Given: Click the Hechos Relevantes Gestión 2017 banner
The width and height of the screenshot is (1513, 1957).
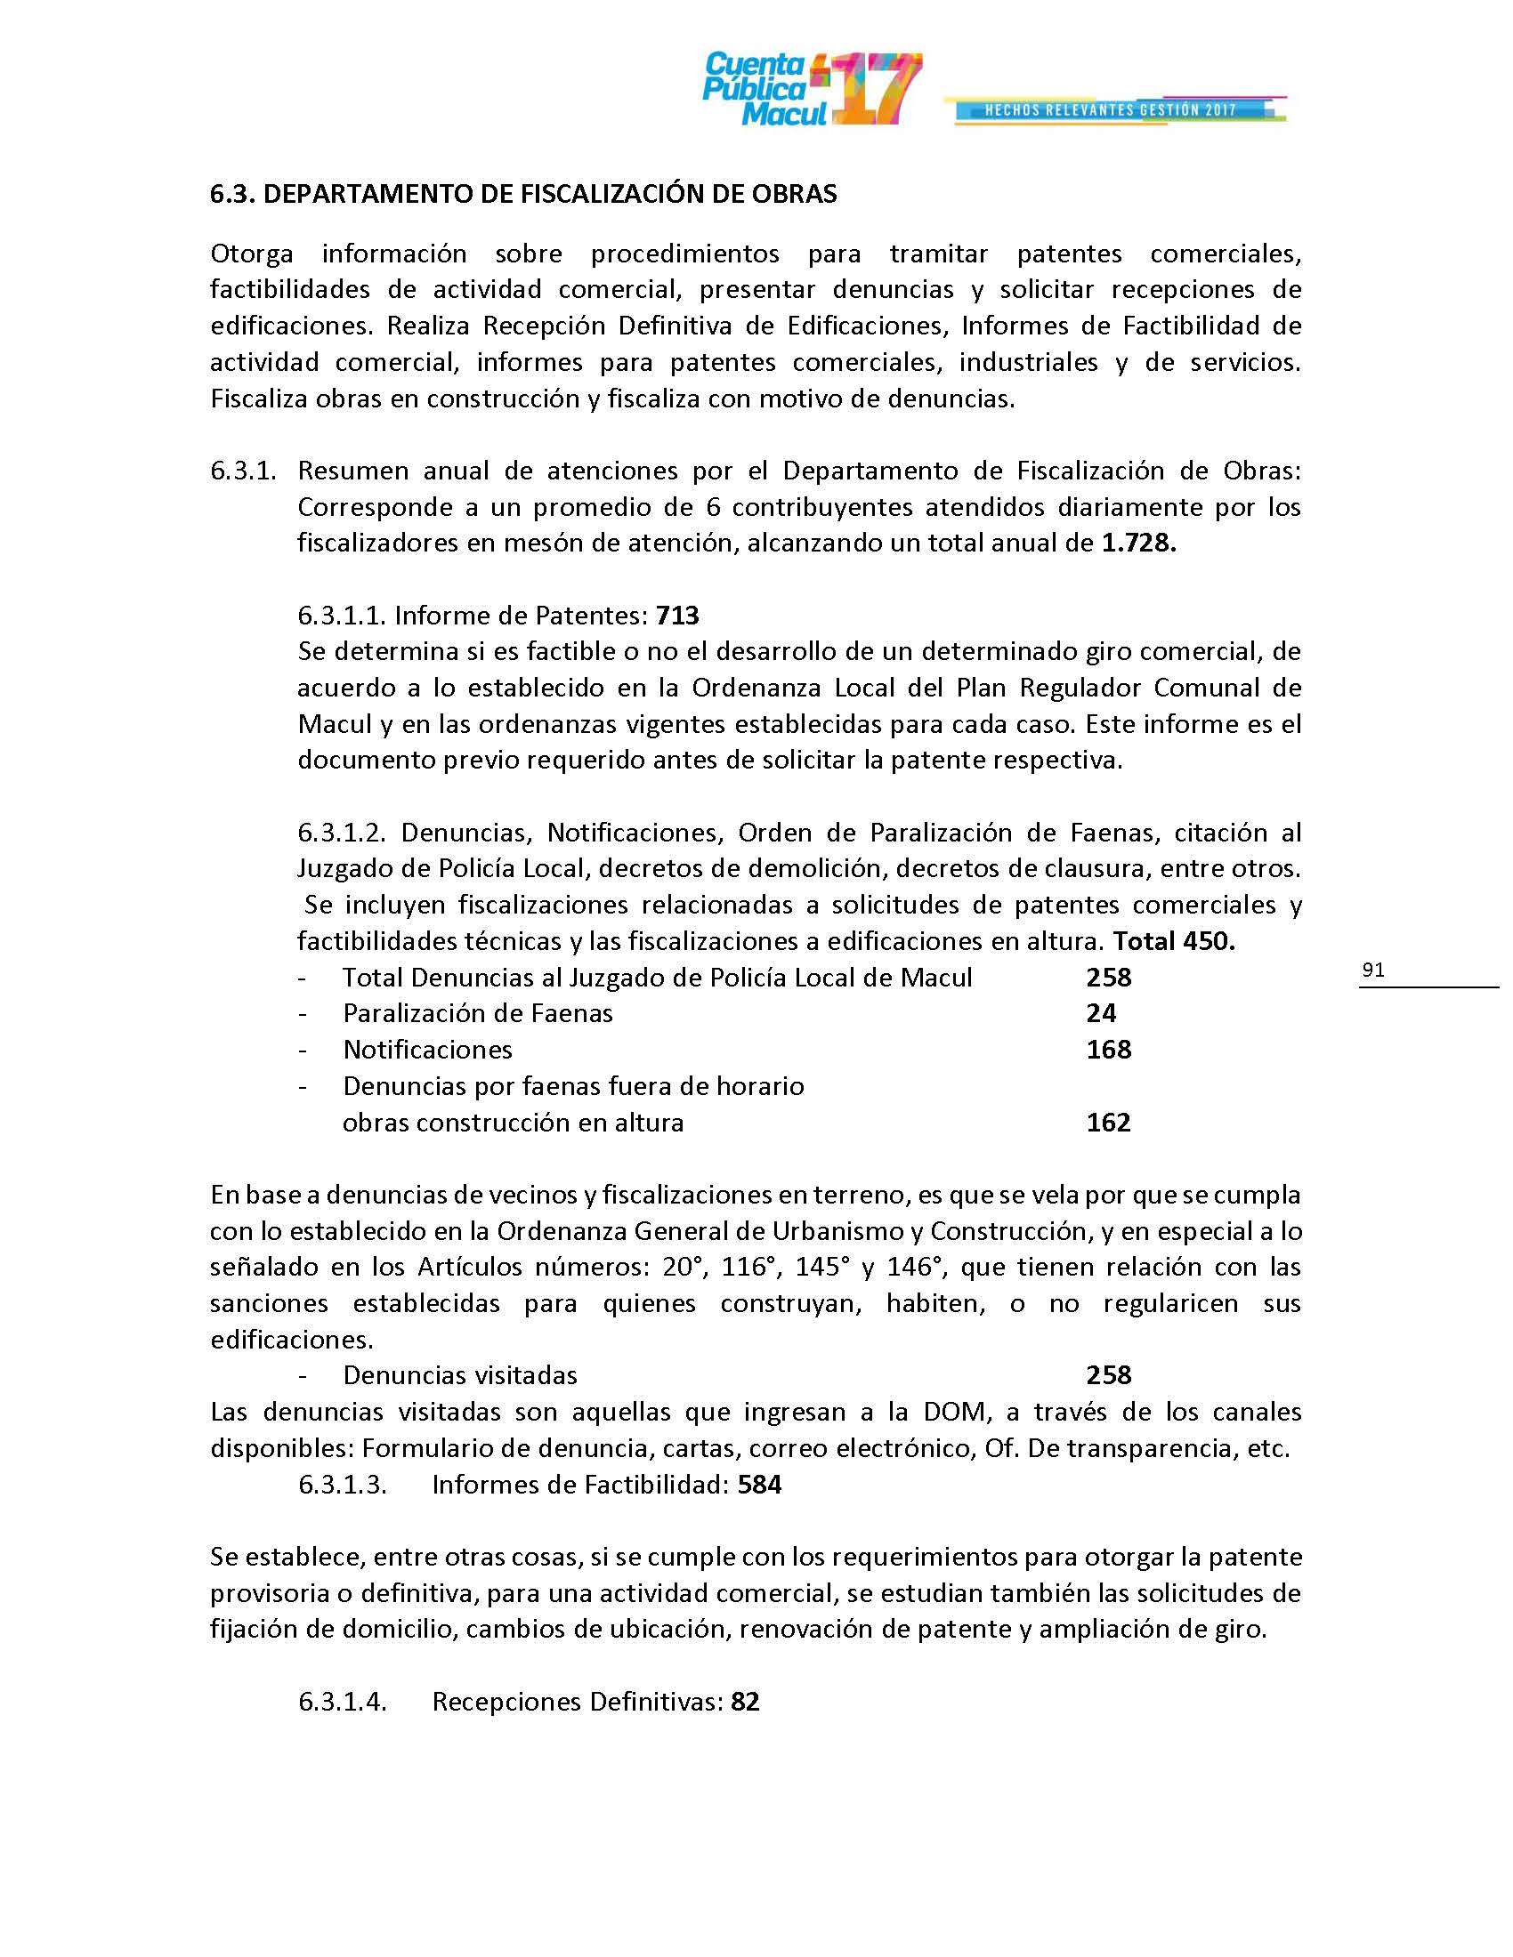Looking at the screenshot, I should (x=1111, y=110).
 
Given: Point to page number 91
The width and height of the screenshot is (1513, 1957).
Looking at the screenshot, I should (x=1373, y=970).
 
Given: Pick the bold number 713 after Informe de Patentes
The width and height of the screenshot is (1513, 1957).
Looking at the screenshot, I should (x=677, y=616).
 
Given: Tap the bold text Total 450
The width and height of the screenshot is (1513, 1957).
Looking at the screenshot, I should (x=1173, y=941).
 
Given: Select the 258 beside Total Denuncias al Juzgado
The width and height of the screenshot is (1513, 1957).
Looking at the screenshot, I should (x=1109, y=977).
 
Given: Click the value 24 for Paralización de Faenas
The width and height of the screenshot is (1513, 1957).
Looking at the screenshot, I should (x=1102, y=1013).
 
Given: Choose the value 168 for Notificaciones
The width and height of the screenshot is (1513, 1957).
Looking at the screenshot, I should (x=1109, y=1050).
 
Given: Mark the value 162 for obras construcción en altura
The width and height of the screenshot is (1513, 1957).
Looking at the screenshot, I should (x=1109, y=1122).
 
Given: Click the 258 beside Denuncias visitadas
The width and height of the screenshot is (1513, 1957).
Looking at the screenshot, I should (x=1109, y=1375).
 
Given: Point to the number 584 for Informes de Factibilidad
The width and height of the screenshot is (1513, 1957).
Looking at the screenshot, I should (x=759, y=1485).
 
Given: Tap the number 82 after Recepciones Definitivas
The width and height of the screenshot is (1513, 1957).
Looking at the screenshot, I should (x=745, y=1702).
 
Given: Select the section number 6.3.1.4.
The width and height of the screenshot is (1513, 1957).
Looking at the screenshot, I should (x=343, y=1702).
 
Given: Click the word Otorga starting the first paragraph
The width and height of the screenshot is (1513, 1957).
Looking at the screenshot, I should (x=252, y=254).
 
